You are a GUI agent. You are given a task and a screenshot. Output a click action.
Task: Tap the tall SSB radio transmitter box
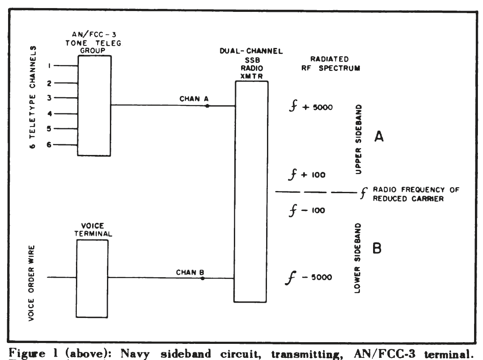(252, 191)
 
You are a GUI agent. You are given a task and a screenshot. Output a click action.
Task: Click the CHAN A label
(191, 99)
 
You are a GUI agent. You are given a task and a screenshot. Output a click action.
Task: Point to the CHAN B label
(189, 272)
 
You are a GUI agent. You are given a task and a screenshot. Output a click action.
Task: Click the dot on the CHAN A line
(207, 106)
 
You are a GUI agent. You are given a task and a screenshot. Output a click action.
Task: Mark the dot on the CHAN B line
(202, 278)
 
